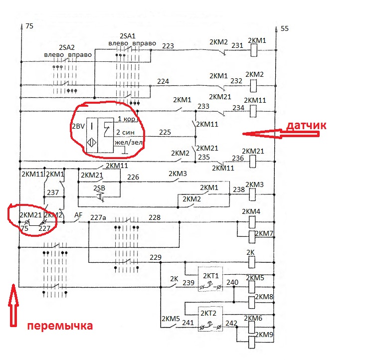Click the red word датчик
tap(307, 126)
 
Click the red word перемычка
tap(60, 326)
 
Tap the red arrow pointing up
tap(13, 305)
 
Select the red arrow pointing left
tap(281, 134)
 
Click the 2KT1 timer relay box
tap(210, 279)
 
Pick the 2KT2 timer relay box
tap(210, 319)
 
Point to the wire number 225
tap(165, 132)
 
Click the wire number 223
tap(168, 46)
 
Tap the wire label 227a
tap(98, 217)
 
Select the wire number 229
tap(156, 257)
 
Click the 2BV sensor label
tap(78, 126)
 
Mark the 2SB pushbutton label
tap(99, 188)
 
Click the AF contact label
tap(78, 215)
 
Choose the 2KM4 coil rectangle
tap(252, 222)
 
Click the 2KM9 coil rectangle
tap(251, 342)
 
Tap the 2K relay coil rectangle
tap(251, 262)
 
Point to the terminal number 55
tap(285, 28)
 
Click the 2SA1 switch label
tap(128, 36)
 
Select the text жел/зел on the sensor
tap(129, 142)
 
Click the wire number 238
tap(239, 189)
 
